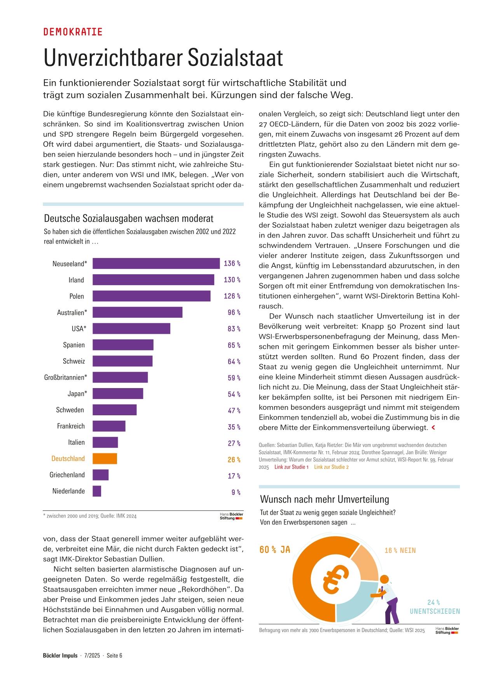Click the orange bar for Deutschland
[105, 458]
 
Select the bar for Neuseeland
[156, 263]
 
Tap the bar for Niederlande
[97, 491]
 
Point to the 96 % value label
[234, 312]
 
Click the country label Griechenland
[67, 475]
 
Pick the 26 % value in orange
[234, 460]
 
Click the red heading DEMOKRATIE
[73, 32]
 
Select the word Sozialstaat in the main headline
[236, 58]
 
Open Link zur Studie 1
[292, 467]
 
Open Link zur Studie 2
[332, 467]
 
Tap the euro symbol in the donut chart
[335, 578]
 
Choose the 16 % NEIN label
[400, 550]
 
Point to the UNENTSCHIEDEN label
[435, 611]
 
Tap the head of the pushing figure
[384, 579]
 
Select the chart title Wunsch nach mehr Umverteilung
[325, 499]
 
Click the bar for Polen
[152, 296]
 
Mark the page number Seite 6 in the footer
[115, 655]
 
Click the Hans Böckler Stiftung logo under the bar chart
[231, 516]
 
